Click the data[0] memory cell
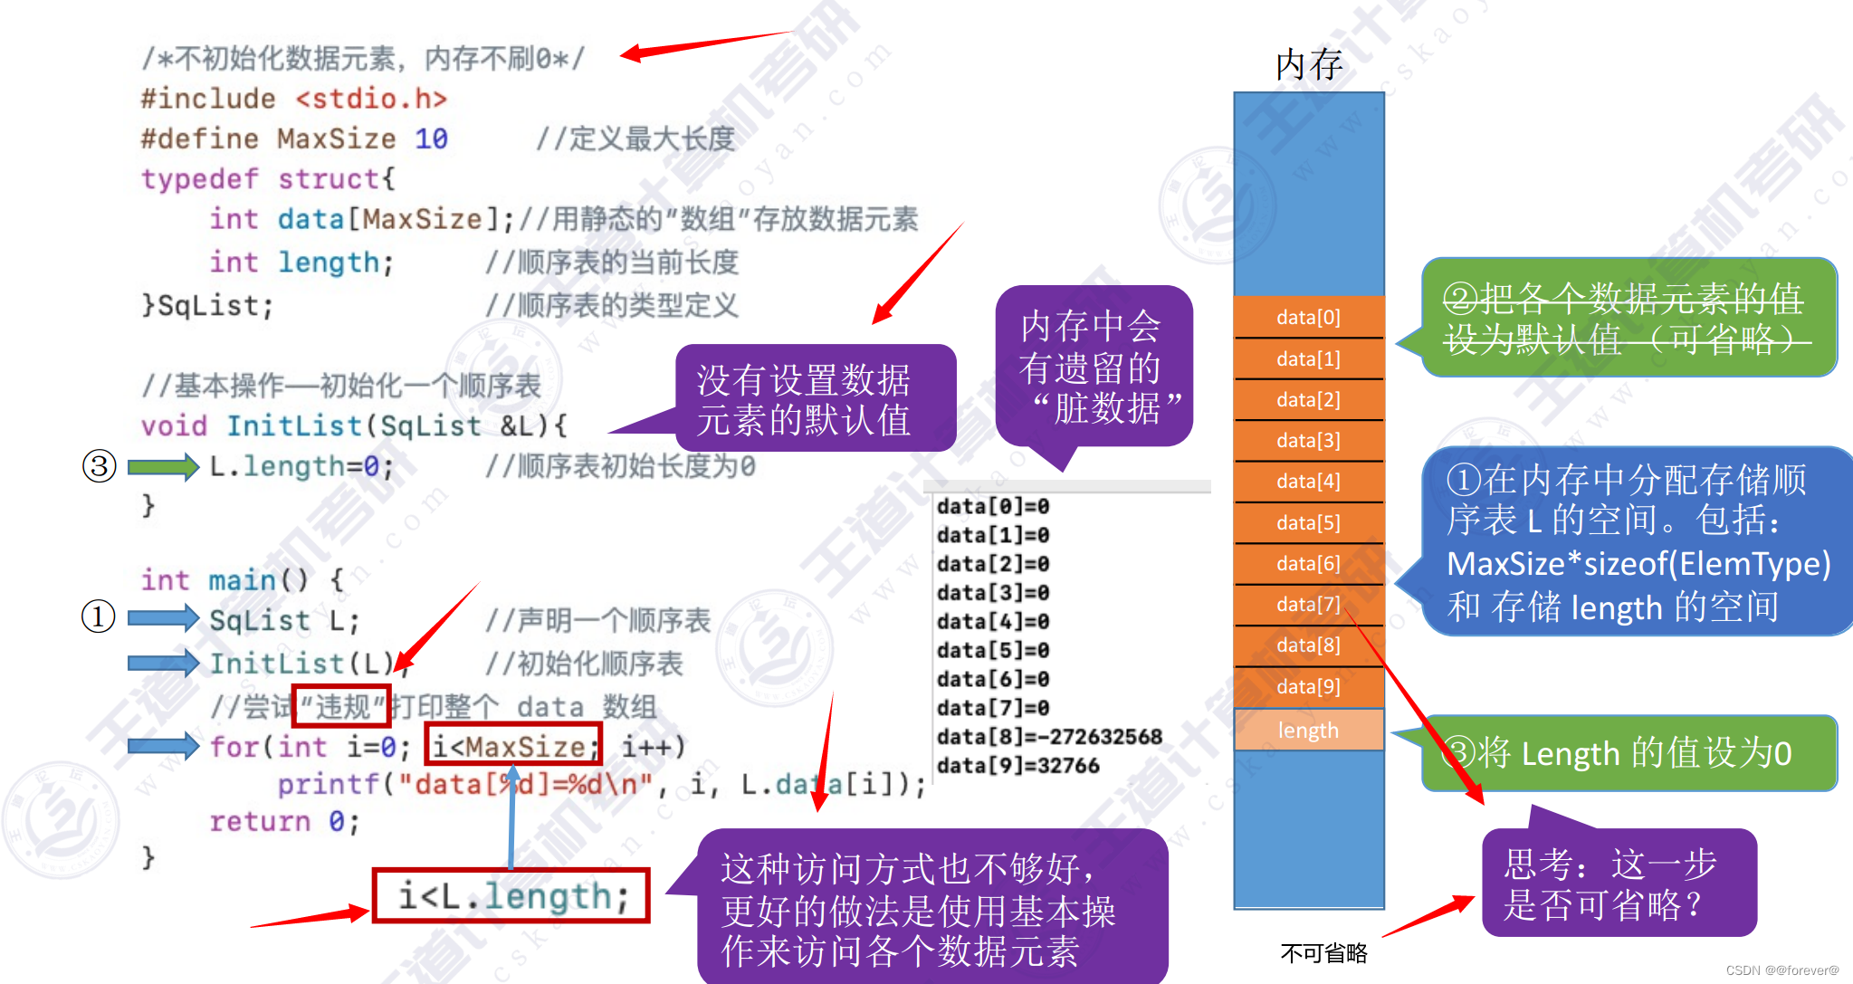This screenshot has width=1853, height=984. pyautogui.click(x=1308, y=317)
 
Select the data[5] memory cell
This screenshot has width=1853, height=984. pyautogui.click(x=1308, y=522)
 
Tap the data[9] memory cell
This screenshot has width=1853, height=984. pyautogui.click(x=1308, y=686)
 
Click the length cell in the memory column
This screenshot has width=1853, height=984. pyautogui.click(x=1308, y=730)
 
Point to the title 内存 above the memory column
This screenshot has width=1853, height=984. pyautogui.click(x=1309, y=64)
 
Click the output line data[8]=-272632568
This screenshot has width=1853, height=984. pyautogui.click(x=1048, y=737)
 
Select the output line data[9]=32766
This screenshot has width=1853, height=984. pyautogui.click(x=1017, y=766)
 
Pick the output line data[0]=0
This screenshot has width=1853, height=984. pyautogui.click(x=993, y=506)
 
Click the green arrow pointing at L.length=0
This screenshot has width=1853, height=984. pyautogui.click(x=163, y=467)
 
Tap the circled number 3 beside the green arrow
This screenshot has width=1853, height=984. pyautogui.click(x=100, y=467)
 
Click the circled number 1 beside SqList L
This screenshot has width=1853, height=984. pyautogui.click(x=99, y=617)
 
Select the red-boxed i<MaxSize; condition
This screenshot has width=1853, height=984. pyautogui.click(x=513, y=747)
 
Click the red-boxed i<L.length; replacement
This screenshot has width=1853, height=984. pyautogui.click(x=511, y=896)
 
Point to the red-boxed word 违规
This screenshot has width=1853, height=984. pyautogui.click(x=341, y=706)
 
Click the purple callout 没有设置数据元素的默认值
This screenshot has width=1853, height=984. pyautogui.click(x=804, y=399)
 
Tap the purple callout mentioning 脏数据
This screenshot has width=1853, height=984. pyautogui.click(x=1094, y=367)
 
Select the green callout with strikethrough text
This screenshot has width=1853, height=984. pyautogui.click(x=1628, y=318)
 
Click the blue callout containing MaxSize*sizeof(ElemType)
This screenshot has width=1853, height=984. pyautogui.click(x=1637, y=541)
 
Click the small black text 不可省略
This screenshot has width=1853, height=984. pyautogui.click(x=1323, y=952)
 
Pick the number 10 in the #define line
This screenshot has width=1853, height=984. pyautogui.click(x=431, y=139)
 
